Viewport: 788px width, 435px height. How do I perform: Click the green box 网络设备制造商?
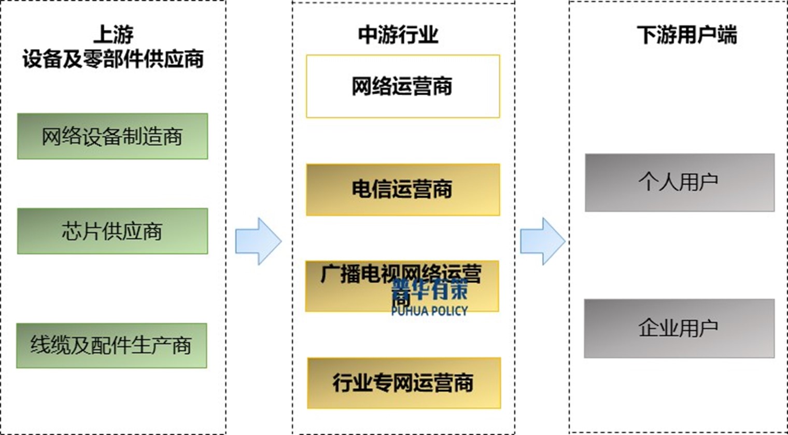tap(112, 136)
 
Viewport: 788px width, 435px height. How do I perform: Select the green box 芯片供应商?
tap(112, 231)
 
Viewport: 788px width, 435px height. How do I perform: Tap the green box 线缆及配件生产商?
tap(111, 345)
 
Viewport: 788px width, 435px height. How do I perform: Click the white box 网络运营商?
tap(403, 86)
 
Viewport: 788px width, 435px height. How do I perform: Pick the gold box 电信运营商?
tap(403, 190)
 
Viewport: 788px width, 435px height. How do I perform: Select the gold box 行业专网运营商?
tap(404, 383)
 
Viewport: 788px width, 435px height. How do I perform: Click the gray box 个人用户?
tap(680, 182)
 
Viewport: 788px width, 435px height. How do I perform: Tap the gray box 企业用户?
tap(679, 328)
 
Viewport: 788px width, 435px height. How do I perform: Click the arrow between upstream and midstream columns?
tap(258, 241)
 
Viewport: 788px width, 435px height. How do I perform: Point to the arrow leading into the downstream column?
tap(542, 241)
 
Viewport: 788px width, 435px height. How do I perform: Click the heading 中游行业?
tap(398, 35)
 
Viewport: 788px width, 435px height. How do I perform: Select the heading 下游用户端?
tap(686, 35)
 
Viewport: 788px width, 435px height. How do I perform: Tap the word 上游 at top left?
tap(114, 34)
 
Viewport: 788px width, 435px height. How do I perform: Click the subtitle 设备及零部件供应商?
tap(113, 59)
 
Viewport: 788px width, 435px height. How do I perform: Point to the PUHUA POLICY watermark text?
tap(429, 311)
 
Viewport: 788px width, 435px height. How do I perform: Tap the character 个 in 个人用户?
tap(648, 182)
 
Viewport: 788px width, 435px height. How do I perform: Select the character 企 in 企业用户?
tap(648, 328)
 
